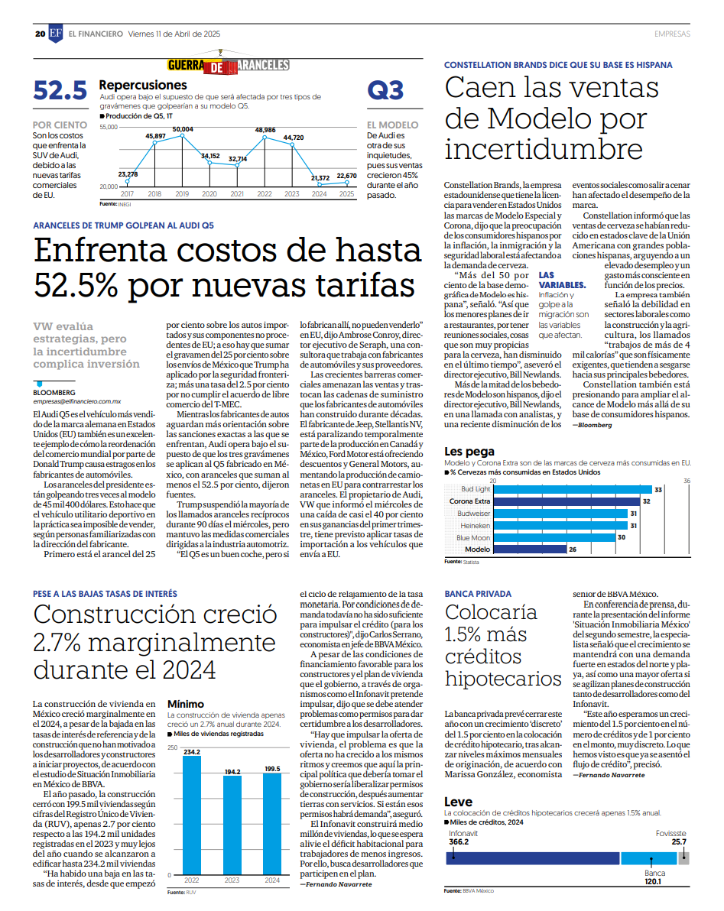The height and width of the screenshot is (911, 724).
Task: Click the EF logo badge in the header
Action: coord(56,33)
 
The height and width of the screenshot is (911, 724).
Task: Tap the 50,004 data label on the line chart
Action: coord(183,129)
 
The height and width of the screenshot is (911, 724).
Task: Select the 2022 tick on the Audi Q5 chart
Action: coord(265,194)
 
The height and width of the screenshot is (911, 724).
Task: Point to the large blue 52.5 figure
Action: coord(60,91)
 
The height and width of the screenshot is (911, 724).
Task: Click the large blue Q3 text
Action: coord(385,91)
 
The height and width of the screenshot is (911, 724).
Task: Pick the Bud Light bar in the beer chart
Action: coord(573,490)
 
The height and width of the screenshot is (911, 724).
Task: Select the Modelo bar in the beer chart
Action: coord(530,549)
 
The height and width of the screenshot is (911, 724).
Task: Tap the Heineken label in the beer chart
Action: coord(476,526)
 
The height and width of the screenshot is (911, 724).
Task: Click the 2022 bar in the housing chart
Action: coord(192,815)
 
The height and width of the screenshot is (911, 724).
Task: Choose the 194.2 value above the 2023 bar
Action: coord(232,772)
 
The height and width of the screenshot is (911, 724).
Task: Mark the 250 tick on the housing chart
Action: coord(173,747)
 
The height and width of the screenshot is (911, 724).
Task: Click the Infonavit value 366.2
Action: coord(459,842)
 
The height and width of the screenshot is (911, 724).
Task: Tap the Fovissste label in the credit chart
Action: coord(671,833)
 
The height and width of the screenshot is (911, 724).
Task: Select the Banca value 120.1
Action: coord(653,881)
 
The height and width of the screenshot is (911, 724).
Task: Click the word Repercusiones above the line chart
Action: coord(143,85)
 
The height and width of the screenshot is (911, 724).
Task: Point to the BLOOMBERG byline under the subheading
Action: coord(54,393)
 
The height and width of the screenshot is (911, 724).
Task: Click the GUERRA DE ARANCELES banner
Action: coord(229,65)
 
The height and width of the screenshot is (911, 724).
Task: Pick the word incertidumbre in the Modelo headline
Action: coord(544,149)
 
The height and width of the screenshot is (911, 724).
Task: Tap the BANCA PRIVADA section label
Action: coord(479,594)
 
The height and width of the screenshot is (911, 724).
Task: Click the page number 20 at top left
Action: coord(40,34)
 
